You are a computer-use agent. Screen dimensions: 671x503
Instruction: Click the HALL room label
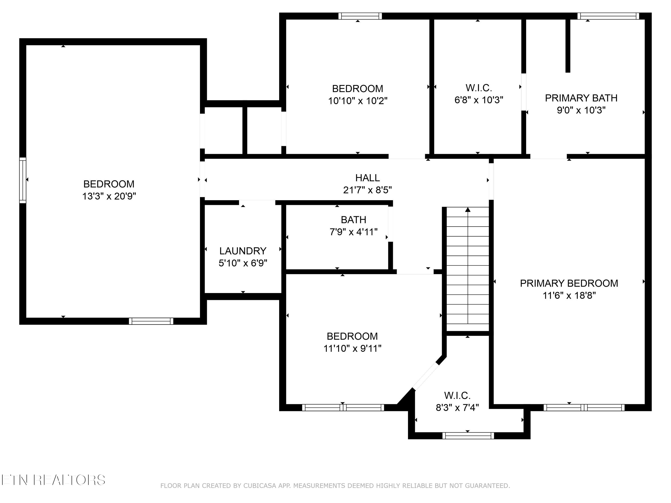point(367,178)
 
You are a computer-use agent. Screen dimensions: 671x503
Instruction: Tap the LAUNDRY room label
point(243,251)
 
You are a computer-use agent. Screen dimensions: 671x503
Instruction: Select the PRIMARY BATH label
point(581,98)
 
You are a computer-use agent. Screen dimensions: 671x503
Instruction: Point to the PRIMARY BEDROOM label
point(569,283)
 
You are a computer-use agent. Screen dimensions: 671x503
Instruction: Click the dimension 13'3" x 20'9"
point(109,196)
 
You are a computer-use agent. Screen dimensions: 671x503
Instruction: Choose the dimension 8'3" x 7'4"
point(457,408)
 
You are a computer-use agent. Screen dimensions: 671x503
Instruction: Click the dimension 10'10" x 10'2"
point(358,101)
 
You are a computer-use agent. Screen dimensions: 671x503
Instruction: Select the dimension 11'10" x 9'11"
point(352,348)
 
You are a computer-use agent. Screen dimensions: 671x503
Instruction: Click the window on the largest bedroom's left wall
point(23,180)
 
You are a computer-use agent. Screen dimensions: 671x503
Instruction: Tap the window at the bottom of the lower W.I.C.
point(468,436)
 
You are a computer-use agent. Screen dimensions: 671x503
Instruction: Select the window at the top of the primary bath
point(608,16)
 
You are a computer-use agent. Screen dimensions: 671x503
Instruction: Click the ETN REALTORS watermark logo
point(53,480)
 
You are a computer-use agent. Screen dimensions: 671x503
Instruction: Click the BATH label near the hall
point(353,220)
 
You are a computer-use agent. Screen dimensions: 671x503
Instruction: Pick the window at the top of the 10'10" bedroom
point(360,16)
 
